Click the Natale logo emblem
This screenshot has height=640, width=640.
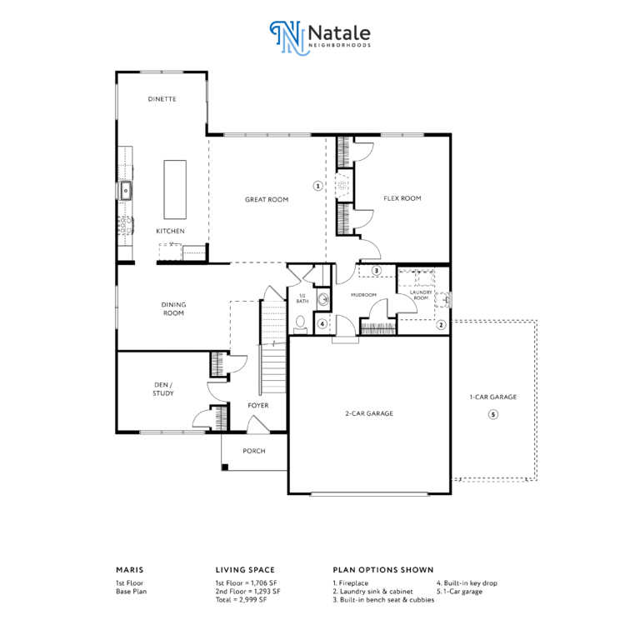point(287,37)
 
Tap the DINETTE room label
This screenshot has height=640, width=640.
point(162,99)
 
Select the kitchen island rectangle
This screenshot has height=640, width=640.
point(175,189)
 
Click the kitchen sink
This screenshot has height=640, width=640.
point(126,191)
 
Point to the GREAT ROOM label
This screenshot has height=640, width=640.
point(267,200)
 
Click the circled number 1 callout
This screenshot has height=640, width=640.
point(318,186)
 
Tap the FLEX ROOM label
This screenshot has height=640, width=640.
point(402,198)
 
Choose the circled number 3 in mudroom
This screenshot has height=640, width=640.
point(377,270)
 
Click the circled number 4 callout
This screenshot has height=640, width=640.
point(322,324)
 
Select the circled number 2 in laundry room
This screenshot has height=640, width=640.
point(441,325)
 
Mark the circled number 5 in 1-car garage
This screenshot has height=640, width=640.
point(493,415)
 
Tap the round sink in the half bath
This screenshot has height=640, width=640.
point(323,299)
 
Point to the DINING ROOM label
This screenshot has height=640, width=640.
point(173,309)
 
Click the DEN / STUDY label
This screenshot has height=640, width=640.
point(163,389)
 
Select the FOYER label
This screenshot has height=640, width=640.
point(258,405)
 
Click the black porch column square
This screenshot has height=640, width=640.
point(225,467)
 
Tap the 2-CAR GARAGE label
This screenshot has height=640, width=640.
point(369,413)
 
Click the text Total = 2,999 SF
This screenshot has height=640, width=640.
point(241,600)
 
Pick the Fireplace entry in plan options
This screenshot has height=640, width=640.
point(351,582)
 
